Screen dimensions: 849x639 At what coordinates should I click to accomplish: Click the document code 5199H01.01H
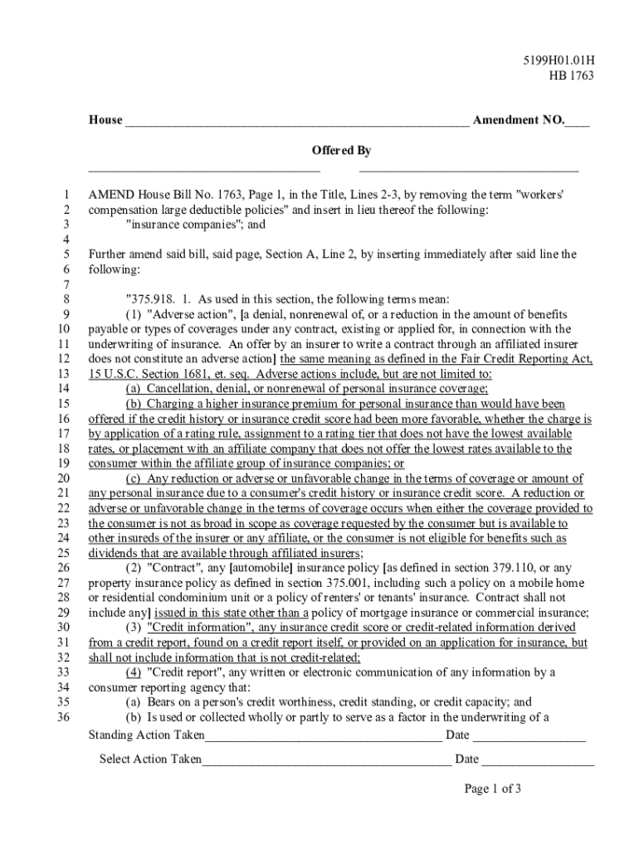click(558, 61)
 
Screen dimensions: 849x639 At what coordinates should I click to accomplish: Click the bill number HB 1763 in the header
click(572, 76)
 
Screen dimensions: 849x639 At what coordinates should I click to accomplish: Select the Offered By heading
click(341, 151)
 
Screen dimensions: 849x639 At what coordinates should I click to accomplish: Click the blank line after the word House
click(296, 122)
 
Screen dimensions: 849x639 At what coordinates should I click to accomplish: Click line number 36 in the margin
click(63, 717)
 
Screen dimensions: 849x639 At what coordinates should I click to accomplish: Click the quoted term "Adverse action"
click(188, 314)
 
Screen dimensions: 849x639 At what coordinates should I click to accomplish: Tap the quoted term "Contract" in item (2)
click(175, 568)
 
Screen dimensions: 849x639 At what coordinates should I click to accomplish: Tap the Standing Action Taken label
click(146, 735)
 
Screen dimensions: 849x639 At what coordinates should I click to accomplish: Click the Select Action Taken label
click(150, 759)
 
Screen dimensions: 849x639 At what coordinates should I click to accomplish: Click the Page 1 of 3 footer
click(493, 788)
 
